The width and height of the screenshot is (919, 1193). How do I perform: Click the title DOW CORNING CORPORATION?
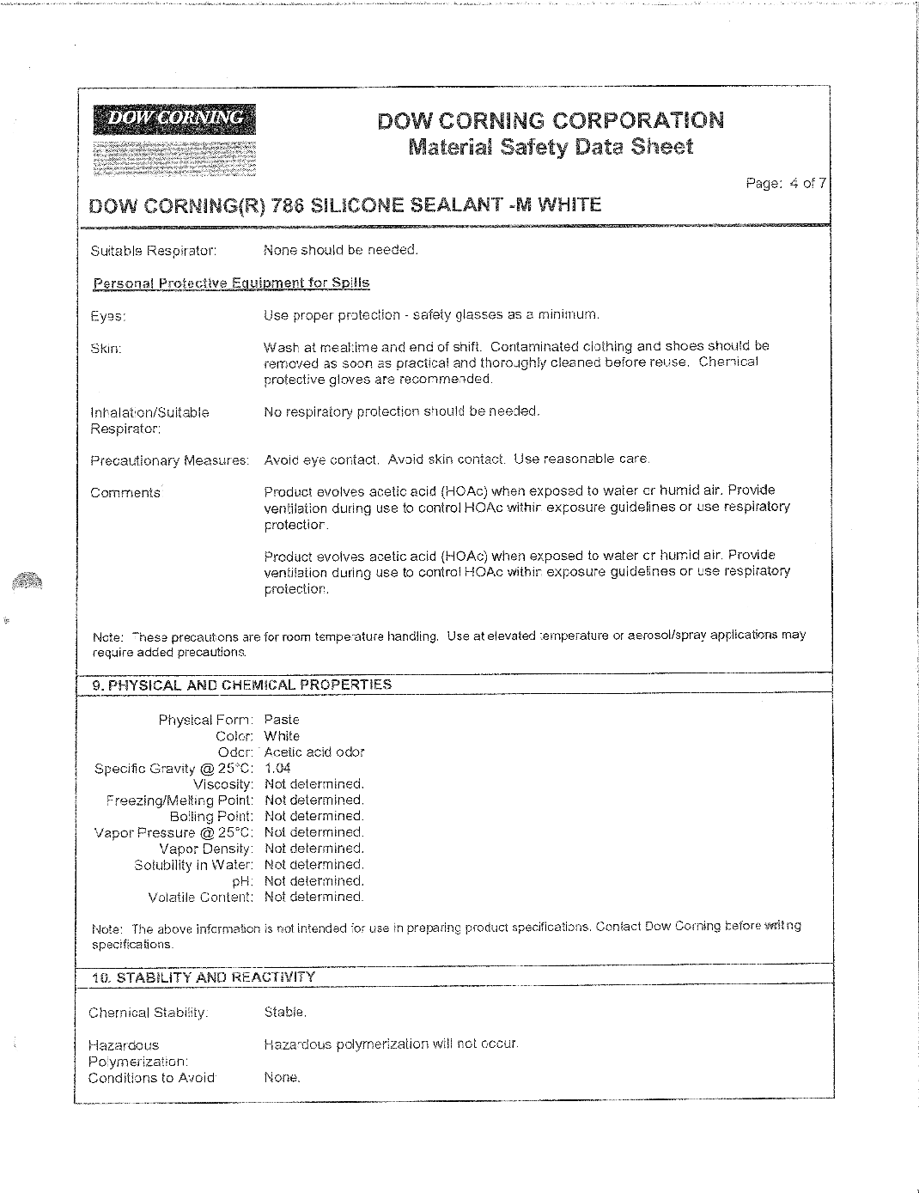coord(550,119)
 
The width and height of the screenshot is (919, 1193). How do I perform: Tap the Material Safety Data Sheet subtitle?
coord(550,147)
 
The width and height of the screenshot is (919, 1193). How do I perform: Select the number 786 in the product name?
coord(288,205)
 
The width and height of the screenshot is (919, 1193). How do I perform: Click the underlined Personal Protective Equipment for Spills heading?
coord(230,283)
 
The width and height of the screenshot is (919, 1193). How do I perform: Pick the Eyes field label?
coord(108,316)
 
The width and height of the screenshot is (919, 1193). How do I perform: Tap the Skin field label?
coord(106,349)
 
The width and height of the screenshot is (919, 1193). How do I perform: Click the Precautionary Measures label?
coord(169,461)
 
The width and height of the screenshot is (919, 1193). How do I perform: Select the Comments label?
coord(125,493)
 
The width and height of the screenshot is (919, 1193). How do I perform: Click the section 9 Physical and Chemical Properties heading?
coord(241,685)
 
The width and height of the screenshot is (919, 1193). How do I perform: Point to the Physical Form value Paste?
coord(282,720)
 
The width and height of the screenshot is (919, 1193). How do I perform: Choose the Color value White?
coord(282,736)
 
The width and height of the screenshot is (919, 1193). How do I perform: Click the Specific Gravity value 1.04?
coord(277,769)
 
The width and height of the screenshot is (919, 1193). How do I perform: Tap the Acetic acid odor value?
coord(314,752)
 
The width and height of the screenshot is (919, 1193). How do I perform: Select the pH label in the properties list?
coord(243,881)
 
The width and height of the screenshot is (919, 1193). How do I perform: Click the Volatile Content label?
coord(201,898)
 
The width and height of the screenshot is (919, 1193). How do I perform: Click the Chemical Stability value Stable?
coord(285,1013)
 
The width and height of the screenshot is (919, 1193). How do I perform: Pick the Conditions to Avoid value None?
coord(282,1078)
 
